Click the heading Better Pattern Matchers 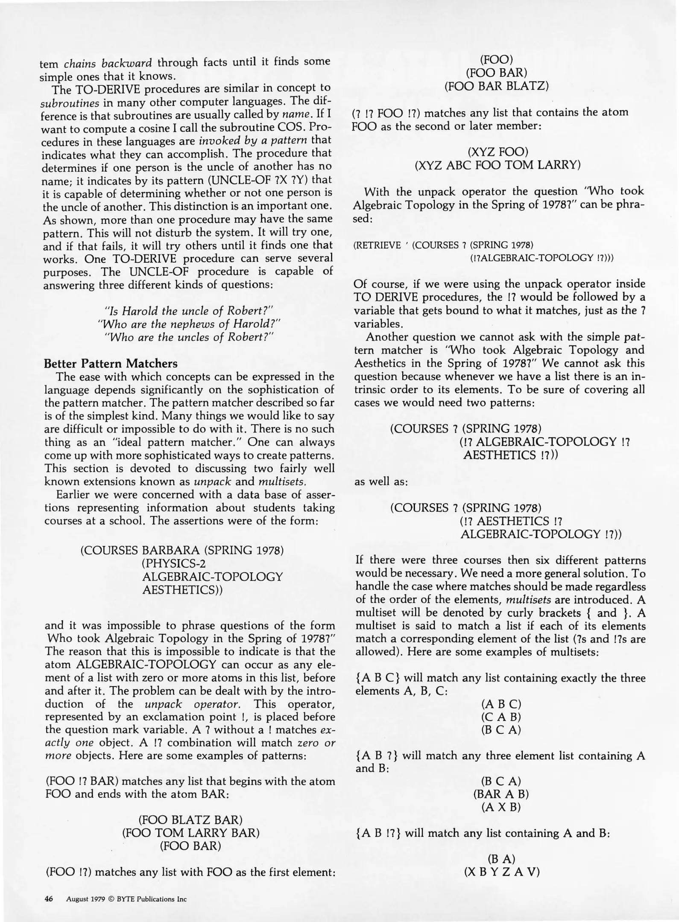click(111, 364)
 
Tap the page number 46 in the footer click(49, 899)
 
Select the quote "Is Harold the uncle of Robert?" click(189, 311)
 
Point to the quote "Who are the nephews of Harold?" click(189, 324)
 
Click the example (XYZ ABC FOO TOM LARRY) click(498, 165)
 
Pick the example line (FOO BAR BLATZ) click(496, 86)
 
